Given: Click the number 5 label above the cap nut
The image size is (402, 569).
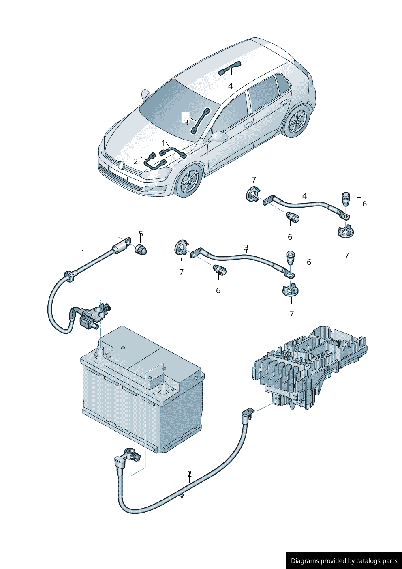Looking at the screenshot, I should (x=141, y=234).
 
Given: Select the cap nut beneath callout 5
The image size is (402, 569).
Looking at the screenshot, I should (x=141, y=249).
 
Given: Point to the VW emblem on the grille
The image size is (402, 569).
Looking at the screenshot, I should (x=121, y=165).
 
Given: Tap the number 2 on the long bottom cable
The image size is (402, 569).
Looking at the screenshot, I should (x=189, y=474).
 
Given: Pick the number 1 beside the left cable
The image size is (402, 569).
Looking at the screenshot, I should (x=83, y=253).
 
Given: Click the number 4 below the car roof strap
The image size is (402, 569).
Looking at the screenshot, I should (x=230, y=86).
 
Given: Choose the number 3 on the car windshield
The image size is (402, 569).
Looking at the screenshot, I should (x=186, y=122).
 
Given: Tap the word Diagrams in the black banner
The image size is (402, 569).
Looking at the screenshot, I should (x=304, y=561).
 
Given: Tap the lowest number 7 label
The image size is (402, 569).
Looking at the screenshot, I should (x=291, y=314).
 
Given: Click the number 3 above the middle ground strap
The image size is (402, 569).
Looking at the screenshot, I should (x=246, y=247).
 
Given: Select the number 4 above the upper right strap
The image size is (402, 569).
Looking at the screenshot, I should (x=304, y=197).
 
